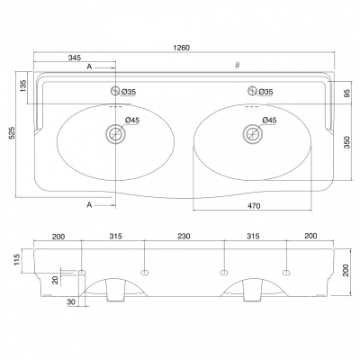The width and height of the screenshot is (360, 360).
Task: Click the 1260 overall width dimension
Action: tap(181, 48)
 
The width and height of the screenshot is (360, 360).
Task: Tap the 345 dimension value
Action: tap(75, 58)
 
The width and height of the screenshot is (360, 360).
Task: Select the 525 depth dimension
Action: tap(13, 132)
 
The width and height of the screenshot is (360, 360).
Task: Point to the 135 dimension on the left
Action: tap(24, 85)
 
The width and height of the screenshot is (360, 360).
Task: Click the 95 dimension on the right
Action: tap(347, 94)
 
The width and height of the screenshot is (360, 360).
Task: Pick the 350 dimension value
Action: tap(347, 142)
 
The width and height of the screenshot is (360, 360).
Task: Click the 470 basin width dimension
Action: tap(254, 206)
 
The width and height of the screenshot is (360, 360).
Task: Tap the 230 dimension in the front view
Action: tap(184, 236)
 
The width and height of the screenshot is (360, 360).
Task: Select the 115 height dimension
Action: tap(16, 260)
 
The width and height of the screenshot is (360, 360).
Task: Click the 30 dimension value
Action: tap(71, 301)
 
